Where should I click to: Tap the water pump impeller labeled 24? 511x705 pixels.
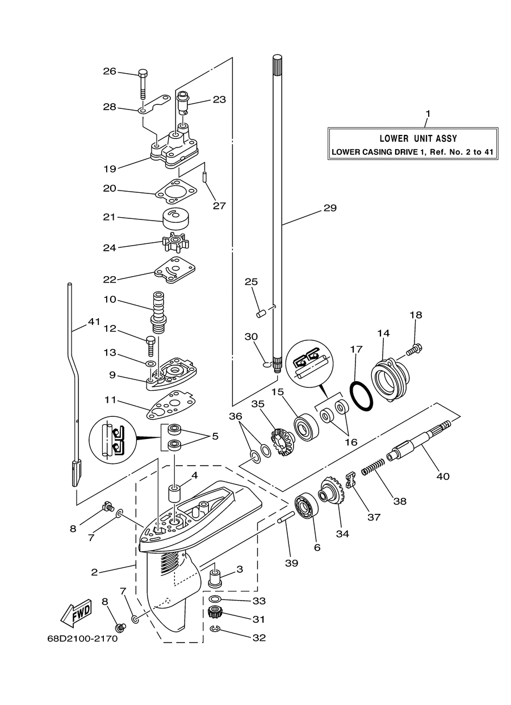(175, 243)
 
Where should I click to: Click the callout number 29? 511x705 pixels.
(330, 208)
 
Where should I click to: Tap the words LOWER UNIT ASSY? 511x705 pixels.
(418, 138)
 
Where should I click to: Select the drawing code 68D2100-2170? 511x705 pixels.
(82, 639)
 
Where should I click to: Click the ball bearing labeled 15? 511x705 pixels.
(306, 427)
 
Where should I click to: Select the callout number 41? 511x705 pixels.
(94, 322)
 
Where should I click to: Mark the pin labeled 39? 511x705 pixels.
(286, 518)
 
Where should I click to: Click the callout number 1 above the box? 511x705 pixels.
(428, 113)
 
